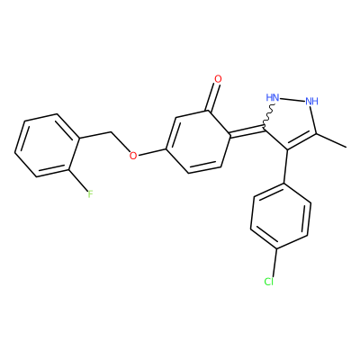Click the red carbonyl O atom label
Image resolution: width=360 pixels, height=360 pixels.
[218, 79]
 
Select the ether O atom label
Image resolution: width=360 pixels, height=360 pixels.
[133, 156]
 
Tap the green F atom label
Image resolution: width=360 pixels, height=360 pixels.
[90, 194]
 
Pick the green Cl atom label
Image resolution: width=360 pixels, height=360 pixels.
[268, 282]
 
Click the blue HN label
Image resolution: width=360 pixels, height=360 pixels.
[273, 97]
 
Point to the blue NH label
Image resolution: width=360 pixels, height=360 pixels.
[311, 102]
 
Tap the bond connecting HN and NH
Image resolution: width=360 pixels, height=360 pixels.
[292, 99]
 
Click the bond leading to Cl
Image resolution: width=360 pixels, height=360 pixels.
[274, 262]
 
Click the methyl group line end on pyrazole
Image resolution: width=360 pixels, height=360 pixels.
[346, 147]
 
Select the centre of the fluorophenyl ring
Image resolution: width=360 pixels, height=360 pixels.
[47, 145]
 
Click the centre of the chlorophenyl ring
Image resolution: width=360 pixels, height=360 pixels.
[281, 216]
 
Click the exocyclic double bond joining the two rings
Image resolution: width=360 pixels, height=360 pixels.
[247, 132]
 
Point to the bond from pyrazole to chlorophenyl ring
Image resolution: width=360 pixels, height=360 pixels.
[285, 166]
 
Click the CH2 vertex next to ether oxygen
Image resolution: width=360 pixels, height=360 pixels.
[112, 131]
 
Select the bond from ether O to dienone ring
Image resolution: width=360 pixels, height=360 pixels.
[153, 152]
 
